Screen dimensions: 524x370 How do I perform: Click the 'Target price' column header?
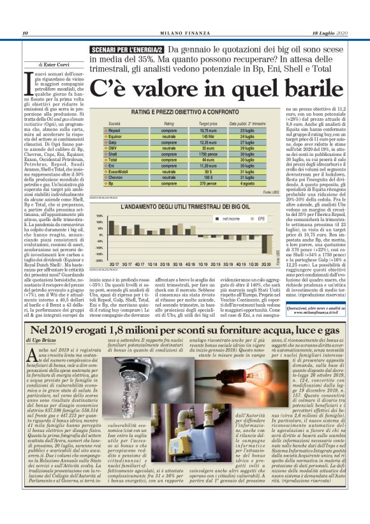click(200, 123)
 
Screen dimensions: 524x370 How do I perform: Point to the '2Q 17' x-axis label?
click(114, 263)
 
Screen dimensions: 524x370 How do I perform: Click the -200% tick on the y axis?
click(98, 260)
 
